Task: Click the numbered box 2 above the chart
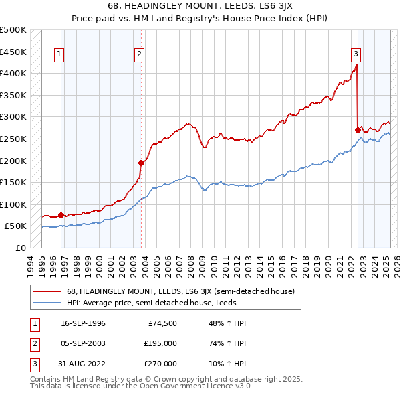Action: pos(139,55)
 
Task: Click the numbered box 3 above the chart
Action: pos(356,55)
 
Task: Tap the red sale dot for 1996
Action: pos(61,215)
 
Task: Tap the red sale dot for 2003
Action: pos(141,162)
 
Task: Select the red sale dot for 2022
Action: pos(358,129)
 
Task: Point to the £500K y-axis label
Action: pos(13,30)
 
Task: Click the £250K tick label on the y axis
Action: pos(13,139)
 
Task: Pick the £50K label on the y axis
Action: pos(16,226)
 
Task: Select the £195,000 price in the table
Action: pos(161,343)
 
